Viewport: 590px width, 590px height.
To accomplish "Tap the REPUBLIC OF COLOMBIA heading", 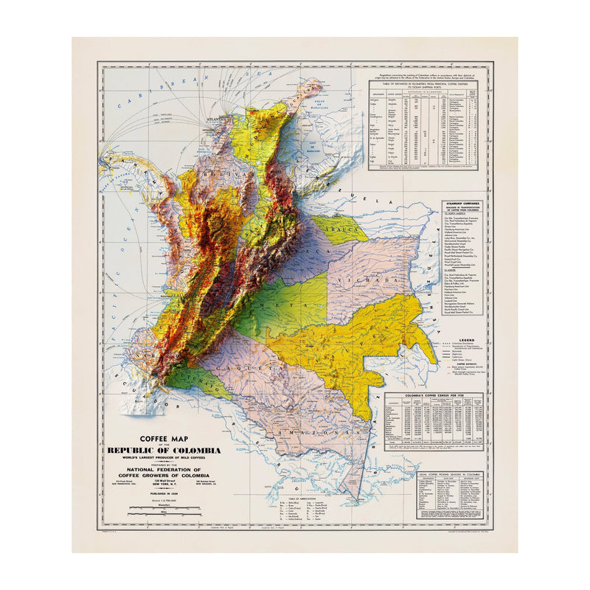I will [164, 451].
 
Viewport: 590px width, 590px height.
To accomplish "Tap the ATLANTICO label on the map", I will [219, 118].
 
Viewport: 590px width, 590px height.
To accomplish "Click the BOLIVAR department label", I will [213, 174].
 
